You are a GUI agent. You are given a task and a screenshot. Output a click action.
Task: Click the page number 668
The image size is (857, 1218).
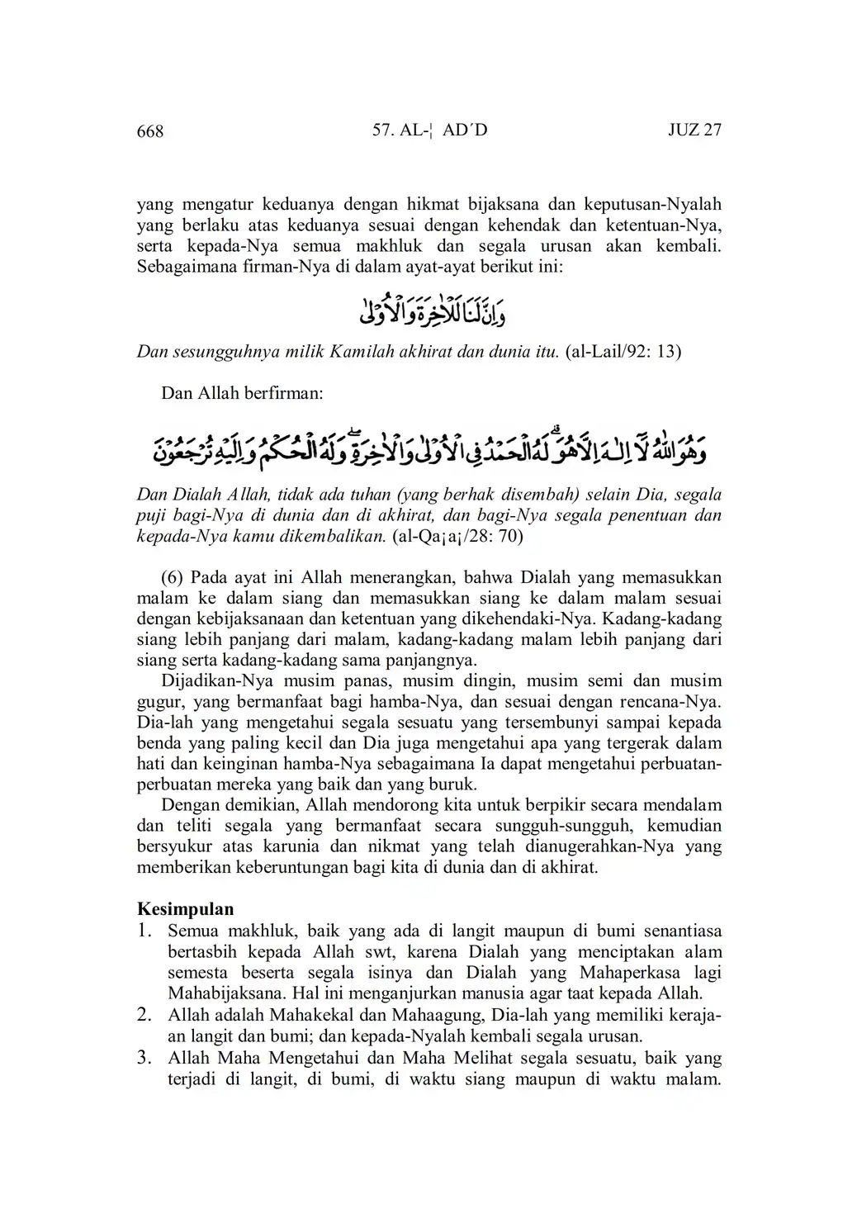coord(150,131)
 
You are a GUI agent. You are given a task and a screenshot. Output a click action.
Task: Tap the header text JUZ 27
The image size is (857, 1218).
coord(694,130)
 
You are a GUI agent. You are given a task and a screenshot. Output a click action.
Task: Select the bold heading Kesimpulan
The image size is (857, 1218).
coord(185,909)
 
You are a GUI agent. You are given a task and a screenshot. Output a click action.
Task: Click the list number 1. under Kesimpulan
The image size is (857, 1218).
coord(146,931)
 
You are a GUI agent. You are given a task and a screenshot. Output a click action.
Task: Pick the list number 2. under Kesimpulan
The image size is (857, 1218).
coord(146,1014)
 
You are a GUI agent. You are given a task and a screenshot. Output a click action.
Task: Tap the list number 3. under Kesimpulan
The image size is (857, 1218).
coord(146,1057)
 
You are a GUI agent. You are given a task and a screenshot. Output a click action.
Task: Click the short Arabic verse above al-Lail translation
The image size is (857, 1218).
coord(428,310)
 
